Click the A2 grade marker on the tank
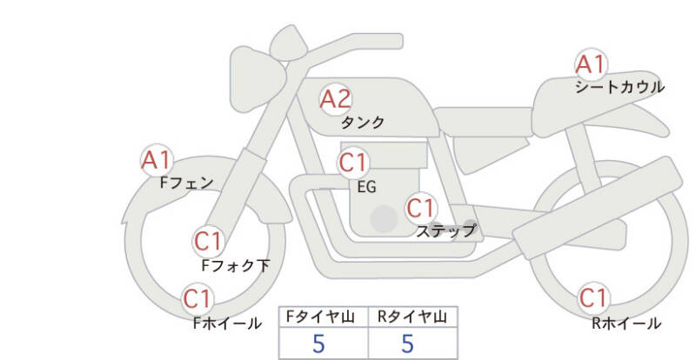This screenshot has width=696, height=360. point(336,99)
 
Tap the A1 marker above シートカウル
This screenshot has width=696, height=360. point(591,64)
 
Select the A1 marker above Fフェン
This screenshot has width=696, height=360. point(157,160)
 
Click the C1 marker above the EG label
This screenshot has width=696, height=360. point(353,163)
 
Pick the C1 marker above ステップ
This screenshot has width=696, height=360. point(421,208)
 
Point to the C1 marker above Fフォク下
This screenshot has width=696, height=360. point(209,242)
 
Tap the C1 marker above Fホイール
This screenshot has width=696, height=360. point(197,299)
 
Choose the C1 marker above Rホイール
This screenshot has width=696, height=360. point(593,298)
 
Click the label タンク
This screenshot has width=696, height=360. point(362,122)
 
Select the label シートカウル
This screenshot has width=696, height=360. point(619,87)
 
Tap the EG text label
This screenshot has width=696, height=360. point(366,187)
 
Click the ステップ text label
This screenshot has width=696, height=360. point(446,230)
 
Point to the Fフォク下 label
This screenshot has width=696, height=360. point(236,265)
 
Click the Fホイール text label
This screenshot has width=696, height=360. point(227,323)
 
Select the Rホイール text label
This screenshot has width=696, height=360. point(626,323)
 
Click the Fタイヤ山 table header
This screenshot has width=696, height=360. point(320,317)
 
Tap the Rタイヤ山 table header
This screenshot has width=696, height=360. point(412,317)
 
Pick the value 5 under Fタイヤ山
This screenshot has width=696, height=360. point(318,343)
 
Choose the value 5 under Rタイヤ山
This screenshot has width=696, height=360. point(407,343)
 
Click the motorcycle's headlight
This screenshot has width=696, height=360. point(257,79)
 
